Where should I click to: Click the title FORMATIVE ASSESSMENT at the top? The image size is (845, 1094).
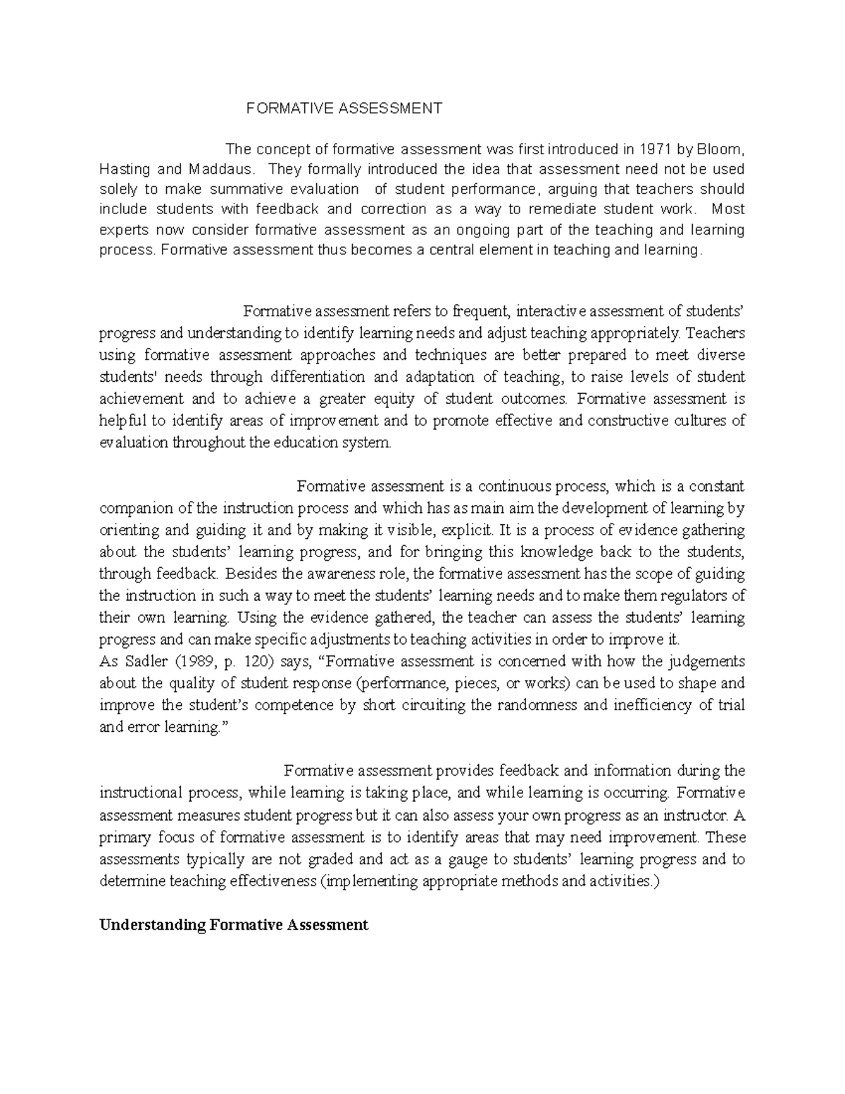(x=344, y=108)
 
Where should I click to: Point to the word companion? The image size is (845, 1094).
(x=132, y=508)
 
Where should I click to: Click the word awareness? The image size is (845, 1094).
(x=337, y=573)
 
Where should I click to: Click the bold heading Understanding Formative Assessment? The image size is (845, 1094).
(x=234, y=925)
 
